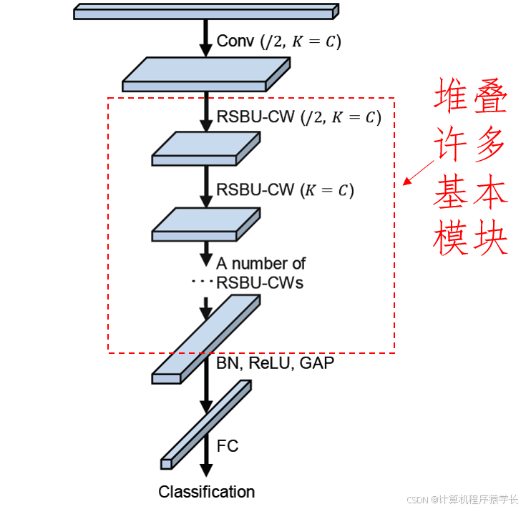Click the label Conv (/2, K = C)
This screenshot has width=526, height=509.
278,41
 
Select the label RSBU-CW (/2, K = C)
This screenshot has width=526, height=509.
298,117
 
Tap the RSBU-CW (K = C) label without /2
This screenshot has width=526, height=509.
285,190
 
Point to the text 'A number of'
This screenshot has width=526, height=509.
261,264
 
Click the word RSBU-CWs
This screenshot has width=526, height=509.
260,283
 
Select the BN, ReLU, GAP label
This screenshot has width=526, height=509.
275,363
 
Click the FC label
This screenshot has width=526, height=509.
228,446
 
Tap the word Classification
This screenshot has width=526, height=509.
206,492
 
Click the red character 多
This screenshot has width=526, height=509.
491,143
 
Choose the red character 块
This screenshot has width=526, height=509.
491,236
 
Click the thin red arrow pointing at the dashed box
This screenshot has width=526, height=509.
419,172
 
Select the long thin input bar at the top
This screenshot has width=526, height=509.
205,11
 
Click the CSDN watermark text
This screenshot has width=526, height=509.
462,499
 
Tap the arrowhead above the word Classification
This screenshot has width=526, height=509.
206,470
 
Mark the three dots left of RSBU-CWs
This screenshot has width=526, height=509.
203,283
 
